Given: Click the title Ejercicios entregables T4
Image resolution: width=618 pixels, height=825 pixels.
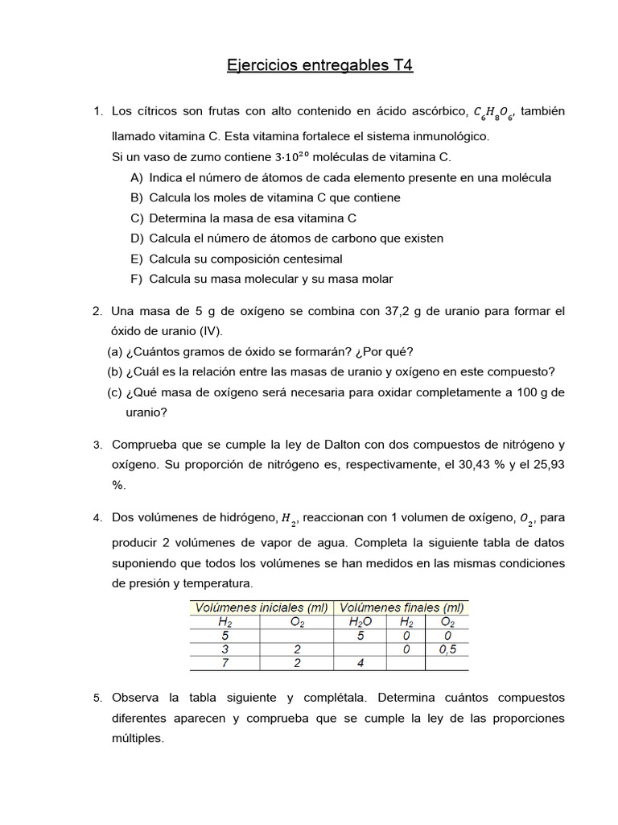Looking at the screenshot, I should [x=319, y=65].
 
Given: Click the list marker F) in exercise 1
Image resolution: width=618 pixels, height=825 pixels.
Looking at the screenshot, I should [x=136, y=280].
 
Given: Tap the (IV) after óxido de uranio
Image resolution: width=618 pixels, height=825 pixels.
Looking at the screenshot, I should [x=207, y=331].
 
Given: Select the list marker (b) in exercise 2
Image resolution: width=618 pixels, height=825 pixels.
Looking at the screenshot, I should [x=114, y=371].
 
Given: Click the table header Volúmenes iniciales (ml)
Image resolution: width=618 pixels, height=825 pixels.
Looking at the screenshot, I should [x=263, y=607].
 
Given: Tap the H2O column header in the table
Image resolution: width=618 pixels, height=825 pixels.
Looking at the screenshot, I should [x=362, y=621].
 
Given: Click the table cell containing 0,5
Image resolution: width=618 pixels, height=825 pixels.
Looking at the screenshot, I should [x=447, y=649].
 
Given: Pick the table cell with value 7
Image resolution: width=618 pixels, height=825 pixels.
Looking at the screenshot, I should [x=225, y=663].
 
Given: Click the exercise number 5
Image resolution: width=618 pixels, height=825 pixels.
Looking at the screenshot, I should [x=97, y=698].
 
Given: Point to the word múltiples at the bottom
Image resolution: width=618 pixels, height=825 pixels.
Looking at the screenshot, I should [x=138, y=738].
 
